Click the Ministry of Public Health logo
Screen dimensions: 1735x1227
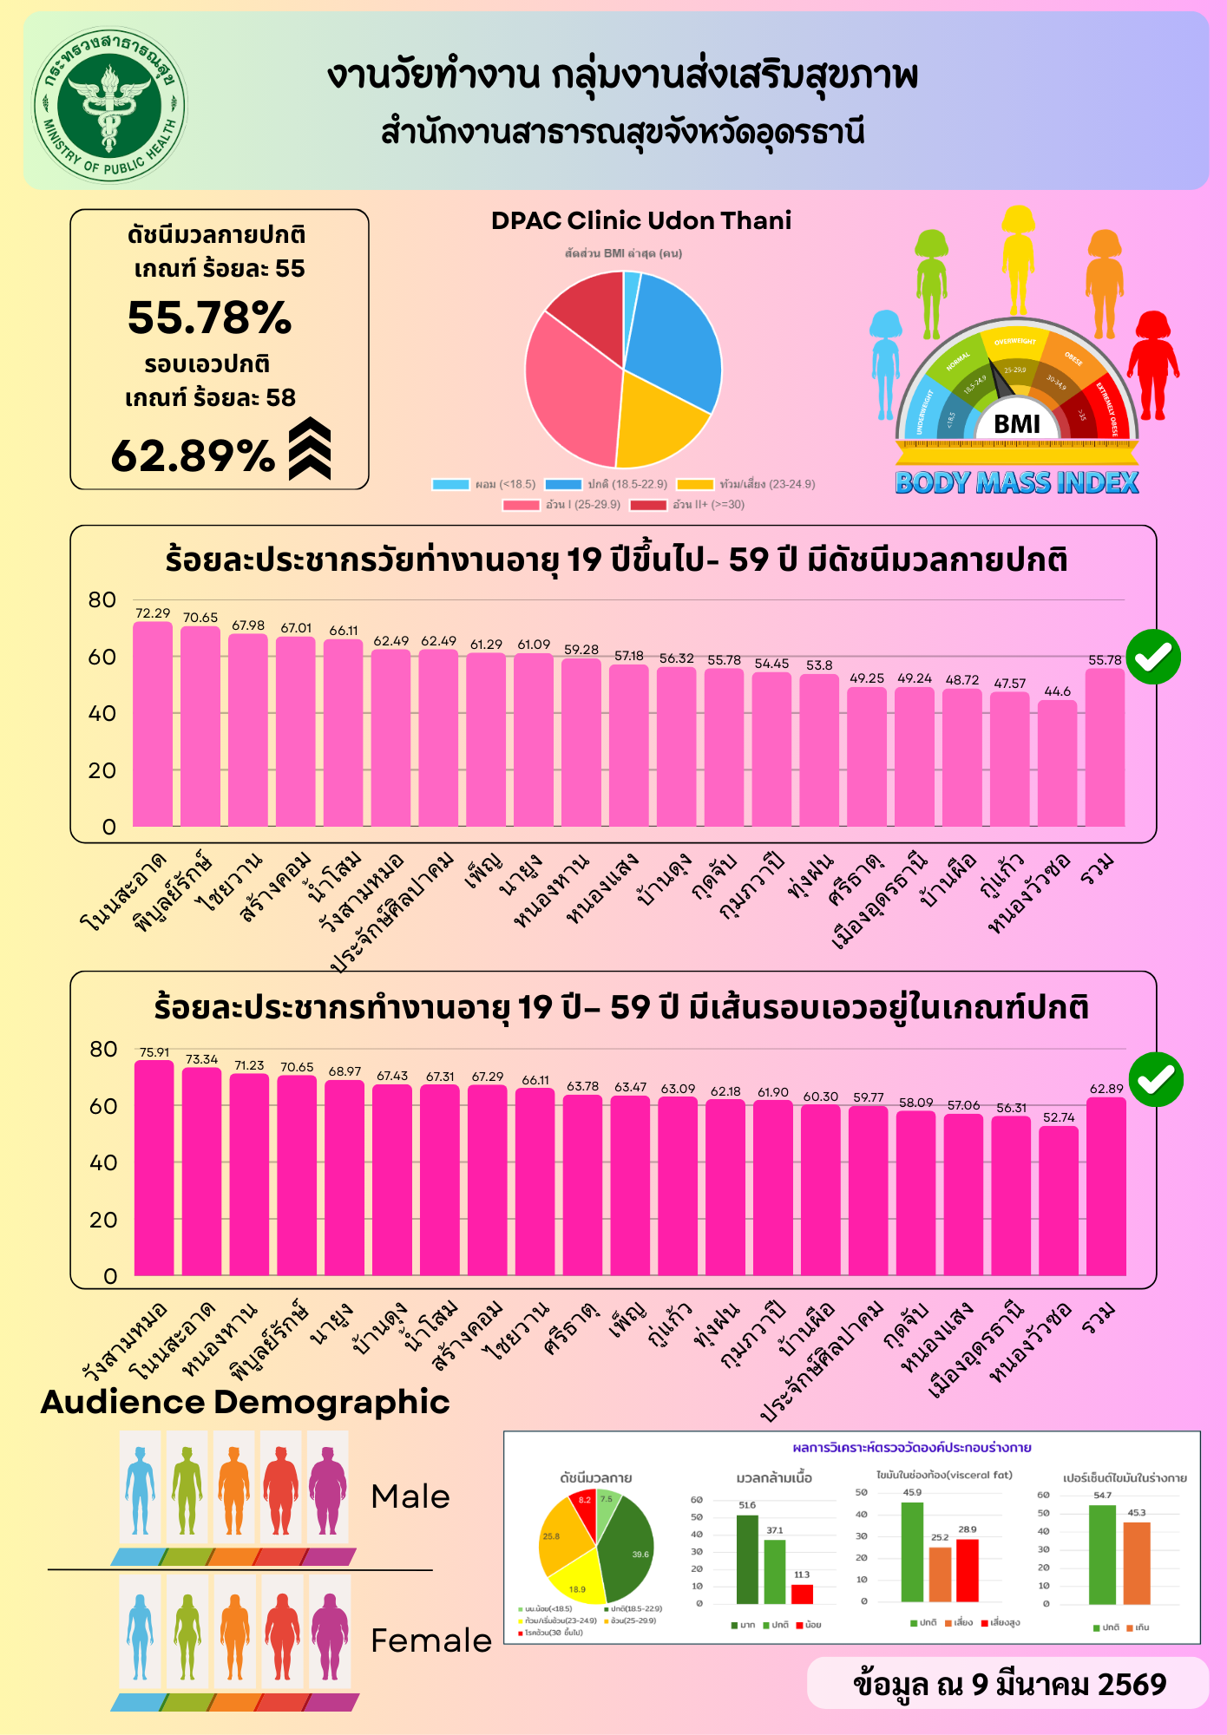coord(109,105)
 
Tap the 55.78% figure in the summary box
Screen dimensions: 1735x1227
coord(209,318)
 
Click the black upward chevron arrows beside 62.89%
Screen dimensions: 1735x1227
coord(310,448)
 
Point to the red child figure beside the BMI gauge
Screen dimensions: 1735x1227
coord(1153,364)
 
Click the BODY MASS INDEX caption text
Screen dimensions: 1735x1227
coord(1016,482)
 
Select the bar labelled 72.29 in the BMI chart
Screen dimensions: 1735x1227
coord(153,723)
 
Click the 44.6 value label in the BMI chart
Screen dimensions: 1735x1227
coord(1057,691)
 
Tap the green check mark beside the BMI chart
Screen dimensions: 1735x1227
coord(1153,657)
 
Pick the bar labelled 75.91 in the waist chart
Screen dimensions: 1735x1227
coord(154,1168)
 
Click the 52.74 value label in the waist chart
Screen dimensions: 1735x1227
coord(1059,1117)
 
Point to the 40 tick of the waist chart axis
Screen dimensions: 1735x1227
coord(103,1163)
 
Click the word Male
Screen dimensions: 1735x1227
coord(410,1497)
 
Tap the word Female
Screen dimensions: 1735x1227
coord(430,1641)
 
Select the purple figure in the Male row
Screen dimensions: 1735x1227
coord(328,1490)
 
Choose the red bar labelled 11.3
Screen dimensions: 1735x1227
coord(802,1594)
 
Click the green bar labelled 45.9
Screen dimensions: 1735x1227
coord(912,1552)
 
